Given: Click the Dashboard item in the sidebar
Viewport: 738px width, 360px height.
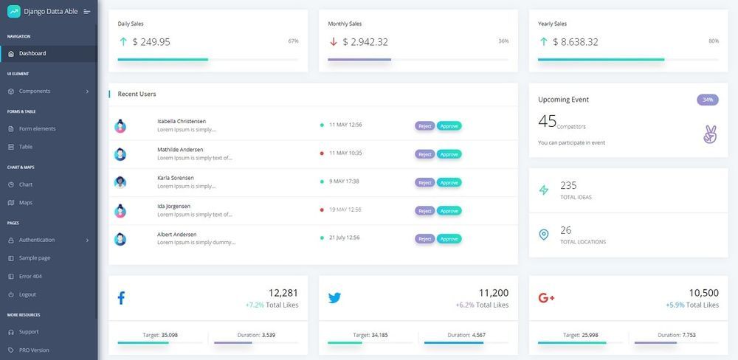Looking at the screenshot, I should click(32, 53).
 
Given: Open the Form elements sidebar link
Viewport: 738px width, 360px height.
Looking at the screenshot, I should click(37, 128).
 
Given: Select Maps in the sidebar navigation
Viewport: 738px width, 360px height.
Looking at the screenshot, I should click(26, 202).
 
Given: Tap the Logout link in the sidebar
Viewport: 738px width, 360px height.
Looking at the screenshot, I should click(27, 294).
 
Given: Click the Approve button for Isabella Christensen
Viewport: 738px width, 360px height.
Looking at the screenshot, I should click(449, 125).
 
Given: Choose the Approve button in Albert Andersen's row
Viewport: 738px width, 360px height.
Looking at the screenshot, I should click(449, 238).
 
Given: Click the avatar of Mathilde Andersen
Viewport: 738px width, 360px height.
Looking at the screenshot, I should click(120, 154).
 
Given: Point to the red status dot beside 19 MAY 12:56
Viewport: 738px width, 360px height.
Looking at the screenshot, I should click(322, 210).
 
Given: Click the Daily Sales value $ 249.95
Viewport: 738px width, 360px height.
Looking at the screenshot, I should click(151, 42).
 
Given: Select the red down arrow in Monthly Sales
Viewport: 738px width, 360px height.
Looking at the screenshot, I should click(334, 42).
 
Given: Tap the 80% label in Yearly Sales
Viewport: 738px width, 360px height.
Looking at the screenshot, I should click(714, 41).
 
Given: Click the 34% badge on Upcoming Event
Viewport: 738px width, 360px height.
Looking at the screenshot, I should click(708, 100).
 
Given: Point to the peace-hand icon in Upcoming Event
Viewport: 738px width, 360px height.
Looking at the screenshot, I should click(710, 134).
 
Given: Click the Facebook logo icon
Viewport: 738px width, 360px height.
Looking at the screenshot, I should click(121, 297).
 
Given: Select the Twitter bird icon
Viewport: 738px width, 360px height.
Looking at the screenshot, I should click(334, 298).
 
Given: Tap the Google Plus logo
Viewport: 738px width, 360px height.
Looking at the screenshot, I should click(547, 297).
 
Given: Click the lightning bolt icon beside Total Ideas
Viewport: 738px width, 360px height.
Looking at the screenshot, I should click(544, 190).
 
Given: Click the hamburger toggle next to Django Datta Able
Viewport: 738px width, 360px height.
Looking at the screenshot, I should click(87, 11).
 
